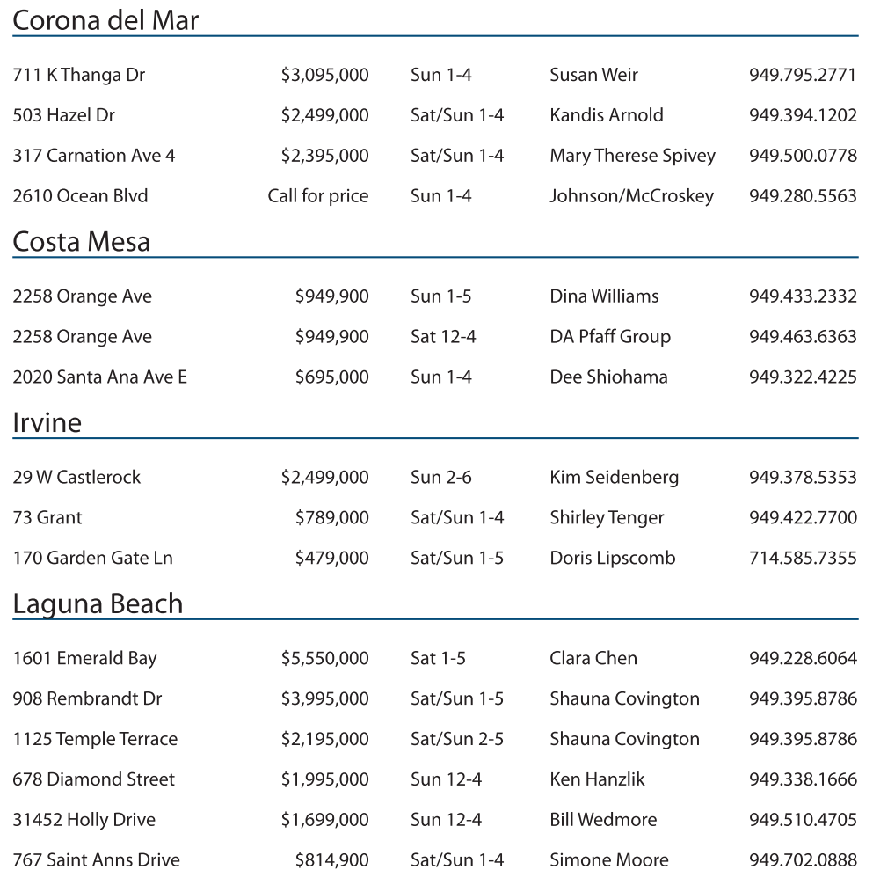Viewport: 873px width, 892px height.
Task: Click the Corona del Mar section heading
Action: pyautogui.click(x=105, y=20)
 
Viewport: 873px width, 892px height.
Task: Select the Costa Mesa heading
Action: pyautogui.click(x=82, y=241)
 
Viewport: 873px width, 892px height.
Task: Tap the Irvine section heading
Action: pyautogui.click(x=47, y=422)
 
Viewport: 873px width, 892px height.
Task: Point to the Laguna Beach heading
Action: pyautogui.click(x=98, y=603)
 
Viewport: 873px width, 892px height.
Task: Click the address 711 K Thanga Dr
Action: pyautogui.click(x=79, y=75)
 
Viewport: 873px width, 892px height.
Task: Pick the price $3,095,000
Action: pyautogui.click(x=324, y=75)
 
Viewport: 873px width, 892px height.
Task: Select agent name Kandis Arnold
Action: pyautogui.click(x=607, y=115)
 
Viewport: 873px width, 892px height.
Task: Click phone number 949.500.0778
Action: pyautogui.click(x=803, y=156)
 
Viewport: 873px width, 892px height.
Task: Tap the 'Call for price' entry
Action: pyautogui.click(x=318, y=196)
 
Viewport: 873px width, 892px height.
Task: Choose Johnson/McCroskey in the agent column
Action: pyautogui.click(x=631, y=196)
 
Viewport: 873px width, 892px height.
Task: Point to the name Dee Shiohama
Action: pyautogui.click(x=608, y=377)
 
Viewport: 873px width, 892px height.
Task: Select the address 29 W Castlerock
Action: pyautogui.click(x=76, y=478)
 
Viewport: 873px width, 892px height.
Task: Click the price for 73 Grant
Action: pyautogui.click(x=331, y=518)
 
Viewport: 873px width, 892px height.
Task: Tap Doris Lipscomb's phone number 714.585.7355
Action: pyautogui.click(x=803, y=559)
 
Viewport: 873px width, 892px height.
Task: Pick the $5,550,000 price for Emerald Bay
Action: pyautogui.click(x=324, y=659)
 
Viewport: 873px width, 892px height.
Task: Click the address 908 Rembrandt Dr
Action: pyautogui.click(x=87, y=699)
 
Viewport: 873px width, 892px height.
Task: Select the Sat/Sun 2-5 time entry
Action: pyautogui.click(x=457, y=740)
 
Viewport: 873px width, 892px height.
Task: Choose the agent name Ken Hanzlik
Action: pyautogui.click(x=597, y=779)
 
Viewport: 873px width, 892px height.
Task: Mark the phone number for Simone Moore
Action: pyautogui.click(x=803, y=860)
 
